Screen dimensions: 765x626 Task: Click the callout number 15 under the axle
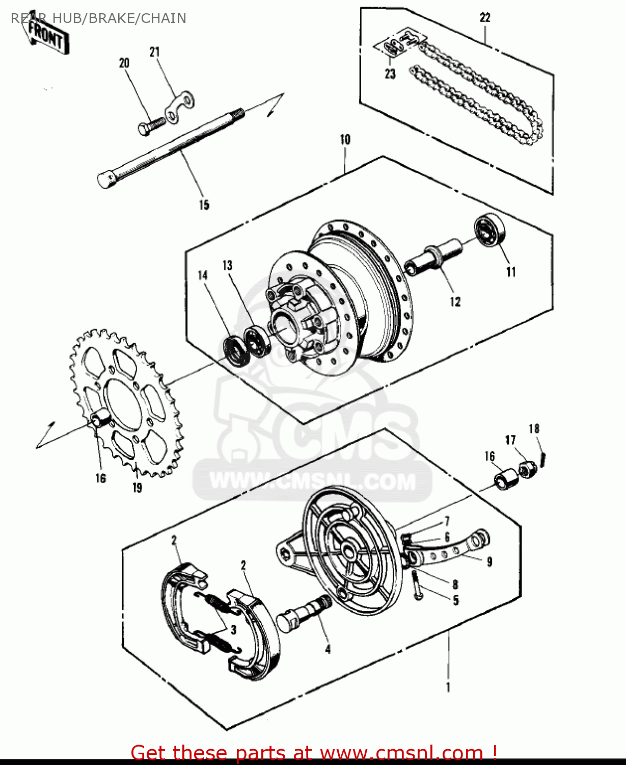[x=204, y=205]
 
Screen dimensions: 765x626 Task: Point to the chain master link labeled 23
[x=393, y=47]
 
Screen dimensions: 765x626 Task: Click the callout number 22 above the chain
[x=485, y=17]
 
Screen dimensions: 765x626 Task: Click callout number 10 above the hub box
[x=345, y=139]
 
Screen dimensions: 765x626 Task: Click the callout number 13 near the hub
[x=227, y=265]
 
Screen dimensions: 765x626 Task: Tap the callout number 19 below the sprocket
[x=137, y=488]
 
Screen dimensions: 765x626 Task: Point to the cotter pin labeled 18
[x=543, y=458]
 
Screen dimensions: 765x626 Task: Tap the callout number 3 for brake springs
[x=233, y=629]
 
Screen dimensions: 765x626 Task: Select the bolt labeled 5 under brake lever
[x=417, y=585]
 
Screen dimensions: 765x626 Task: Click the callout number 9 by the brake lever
[x=489, y=562]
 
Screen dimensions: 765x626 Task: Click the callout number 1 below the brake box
[x=448, y=687]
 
